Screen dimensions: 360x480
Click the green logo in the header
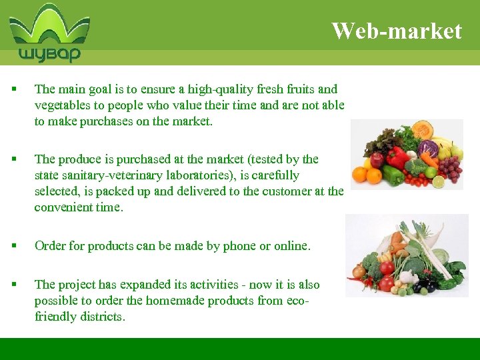49,33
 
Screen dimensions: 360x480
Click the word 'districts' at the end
100,317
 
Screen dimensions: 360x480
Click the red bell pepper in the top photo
398,159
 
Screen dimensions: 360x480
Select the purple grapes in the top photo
451,167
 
